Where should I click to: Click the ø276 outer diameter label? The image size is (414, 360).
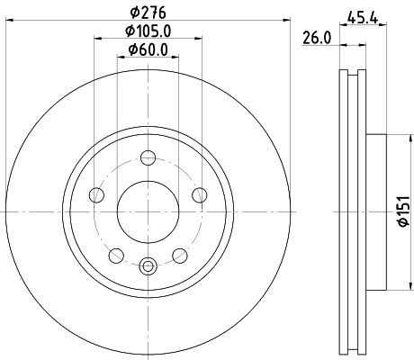[x=147, y=13]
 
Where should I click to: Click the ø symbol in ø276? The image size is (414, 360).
[x=132, y=13]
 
